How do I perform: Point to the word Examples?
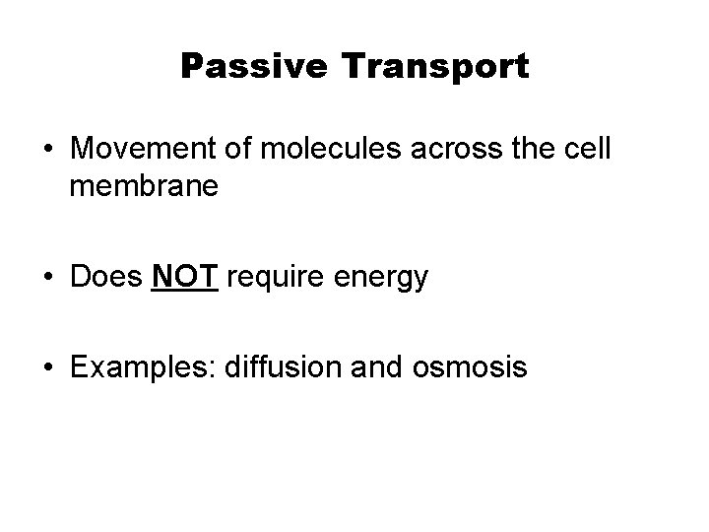[144, 367]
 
